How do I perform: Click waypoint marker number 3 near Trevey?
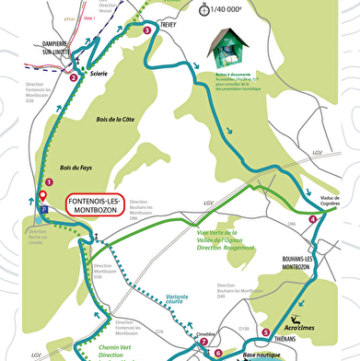pyautogui.click(x=148, y=30)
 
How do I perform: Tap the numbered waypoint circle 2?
pyautogui.click(x=73, y=77)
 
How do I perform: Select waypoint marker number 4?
pyautogui.click(x=314, y=218)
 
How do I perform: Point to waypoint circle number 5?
pyautogui.click(x=266, y=332)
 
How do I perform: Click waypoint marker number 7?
pyautogui.click(x=203, y=341)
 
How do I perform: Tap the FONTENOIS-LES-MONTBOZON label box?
pyautogui.click(x=94, y=205)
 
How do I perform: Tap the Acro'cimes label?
pyautogui.click(x=303, y=326)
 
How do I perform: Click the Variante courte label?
pyautogui.click(x=179, y=300)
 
